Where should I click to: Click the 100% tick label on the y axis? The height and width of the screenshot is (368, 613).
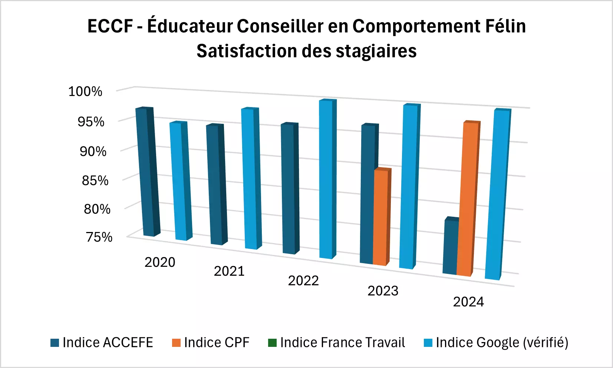pyautogui.click(x=85, y=92)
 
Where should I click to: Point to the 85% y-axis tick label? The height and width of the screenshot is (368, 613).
pyautogui.click(x=95, y=181)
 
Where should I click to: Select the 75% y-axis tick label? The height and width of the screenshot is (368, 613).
pyautogui.click(x=99, y=237)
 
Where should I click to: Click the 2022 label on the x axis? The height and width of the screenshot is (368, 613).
pyautogui.click(x=303, y=281)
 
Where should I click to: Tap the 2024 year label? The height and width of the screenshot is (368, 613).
pyautogui.click(x=468, y=302)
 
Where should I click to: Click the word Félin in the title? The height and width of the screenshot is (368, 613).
pyautogui.click(x=505, y=26)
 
